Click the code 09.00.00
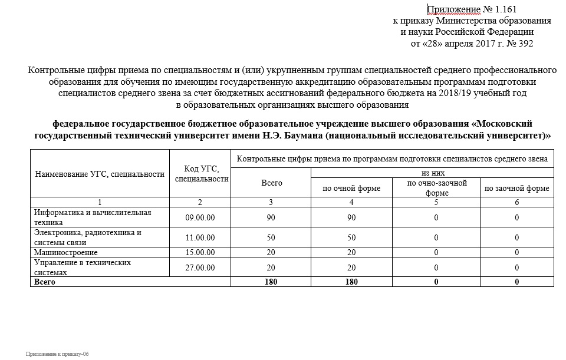200,218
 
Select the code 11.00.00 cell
200,237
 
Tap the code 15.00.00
200,253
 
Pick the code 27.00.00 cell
200,267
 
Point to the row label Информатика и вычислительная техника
93,217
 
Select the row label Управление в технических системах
82,267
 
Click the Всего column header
271,183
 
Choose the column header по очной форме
351,189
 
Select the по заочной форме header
516,189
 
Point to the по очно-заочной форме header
437,188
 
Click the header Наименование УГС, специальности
99,174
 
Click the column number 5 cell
437,203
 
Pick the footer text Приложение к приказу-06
57,354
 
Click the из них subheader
433,173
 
